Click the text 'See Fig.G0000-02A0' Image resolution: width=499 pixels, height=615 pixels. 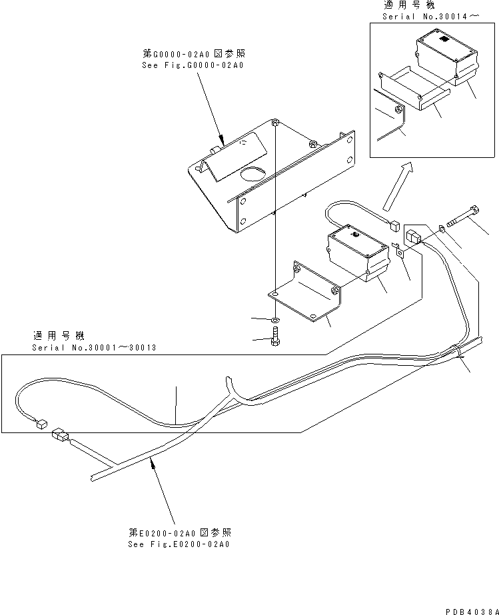coord(193,66)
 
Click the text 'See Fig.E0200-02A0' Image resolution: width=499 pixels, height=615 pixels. coord(179,544)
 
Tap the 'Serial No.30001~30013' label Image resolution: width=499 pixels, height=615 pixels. coord(94,348)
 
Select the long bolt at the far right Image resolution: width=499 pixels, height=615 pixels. coord(464,218)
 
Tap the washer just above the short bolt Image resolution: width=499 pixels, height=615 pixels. coord(276,320)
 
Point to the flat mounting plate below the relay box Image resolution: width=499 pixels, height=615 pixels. coord(306,290)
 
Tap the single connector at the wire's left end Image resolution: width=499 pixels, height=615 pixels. coord(41,422)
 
